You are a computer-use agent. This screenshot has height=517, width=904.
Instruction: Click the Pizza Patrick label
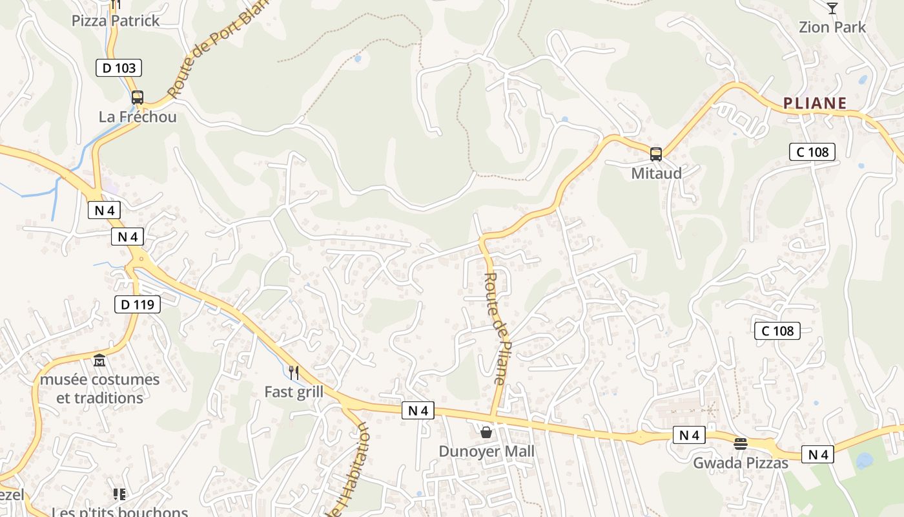pyautogui.click(x=116, y=21)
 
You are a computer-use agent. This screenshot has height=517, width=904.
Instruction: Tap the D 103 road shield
pyautogui.click(x=119, y=67)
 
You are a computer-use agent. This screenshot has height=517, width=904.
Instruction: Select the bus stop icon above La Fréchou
pyautogui.click(x=138, y=98)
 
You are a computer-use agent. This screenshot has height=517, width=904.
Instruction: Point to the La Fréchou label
pyautogui.click(x=138, y=117)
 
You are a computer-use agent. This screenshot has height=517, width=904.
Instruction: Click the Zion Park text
pyautogui.click(x=832, y=27)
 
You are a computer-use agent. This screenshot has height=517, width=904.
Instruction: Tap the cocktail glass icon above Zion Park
pyautogui.click(x=832, y=8)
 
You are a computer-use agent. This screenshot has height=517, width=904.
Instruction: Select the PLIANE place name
pyautogui.click(x=815, y=103)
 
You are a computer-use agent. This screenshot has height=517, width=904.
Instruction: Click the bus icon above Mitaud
pyautogui.click(x=656, y=154)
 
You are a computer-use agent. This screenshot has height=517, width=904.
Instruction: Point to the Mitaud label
pyautogui.click(x=656, y=173)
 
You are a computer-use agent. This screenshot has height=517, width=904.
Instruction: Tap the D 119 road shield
pyautogui.click(x=138, y=304)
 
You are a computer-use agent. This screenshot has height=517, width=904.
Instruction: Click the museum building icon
pyautogui.click(x=99, y=360)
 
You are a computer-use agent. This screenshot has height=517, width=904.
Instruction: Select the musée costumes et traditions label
pyautogui.click(x=99, y=388)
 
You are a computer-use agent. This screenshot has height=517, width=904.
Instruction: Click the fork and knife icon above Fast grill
pyautogui.click(x=294, y=372)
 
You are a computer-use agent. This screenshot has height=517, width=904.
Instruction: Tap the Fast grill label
pyautogui.click(x=294, y=392)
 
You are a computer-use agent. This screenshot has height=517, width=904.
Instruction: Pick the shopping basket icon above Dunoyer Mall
pyautogui.click(x=486, y=432)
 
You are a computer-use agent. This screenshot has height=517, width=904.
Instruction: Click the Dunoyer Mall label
pyautogui.click(x=487, y=451)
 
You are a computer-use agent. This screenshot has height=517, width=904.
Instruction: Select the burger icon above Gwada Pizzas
pyautogui.click(x=741, y=444)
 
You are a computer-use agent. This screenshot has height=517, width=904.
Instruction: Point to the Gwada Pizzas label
pyautogui.click(x=741, y=463)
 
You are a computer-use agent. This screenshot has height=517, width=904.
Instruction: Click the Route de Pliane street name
pyautogui.click(x=495, y=328)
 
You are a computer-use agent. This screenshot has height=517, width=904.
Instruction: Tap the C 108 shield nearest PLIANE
pyautogui.click(x=812, y=152)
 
